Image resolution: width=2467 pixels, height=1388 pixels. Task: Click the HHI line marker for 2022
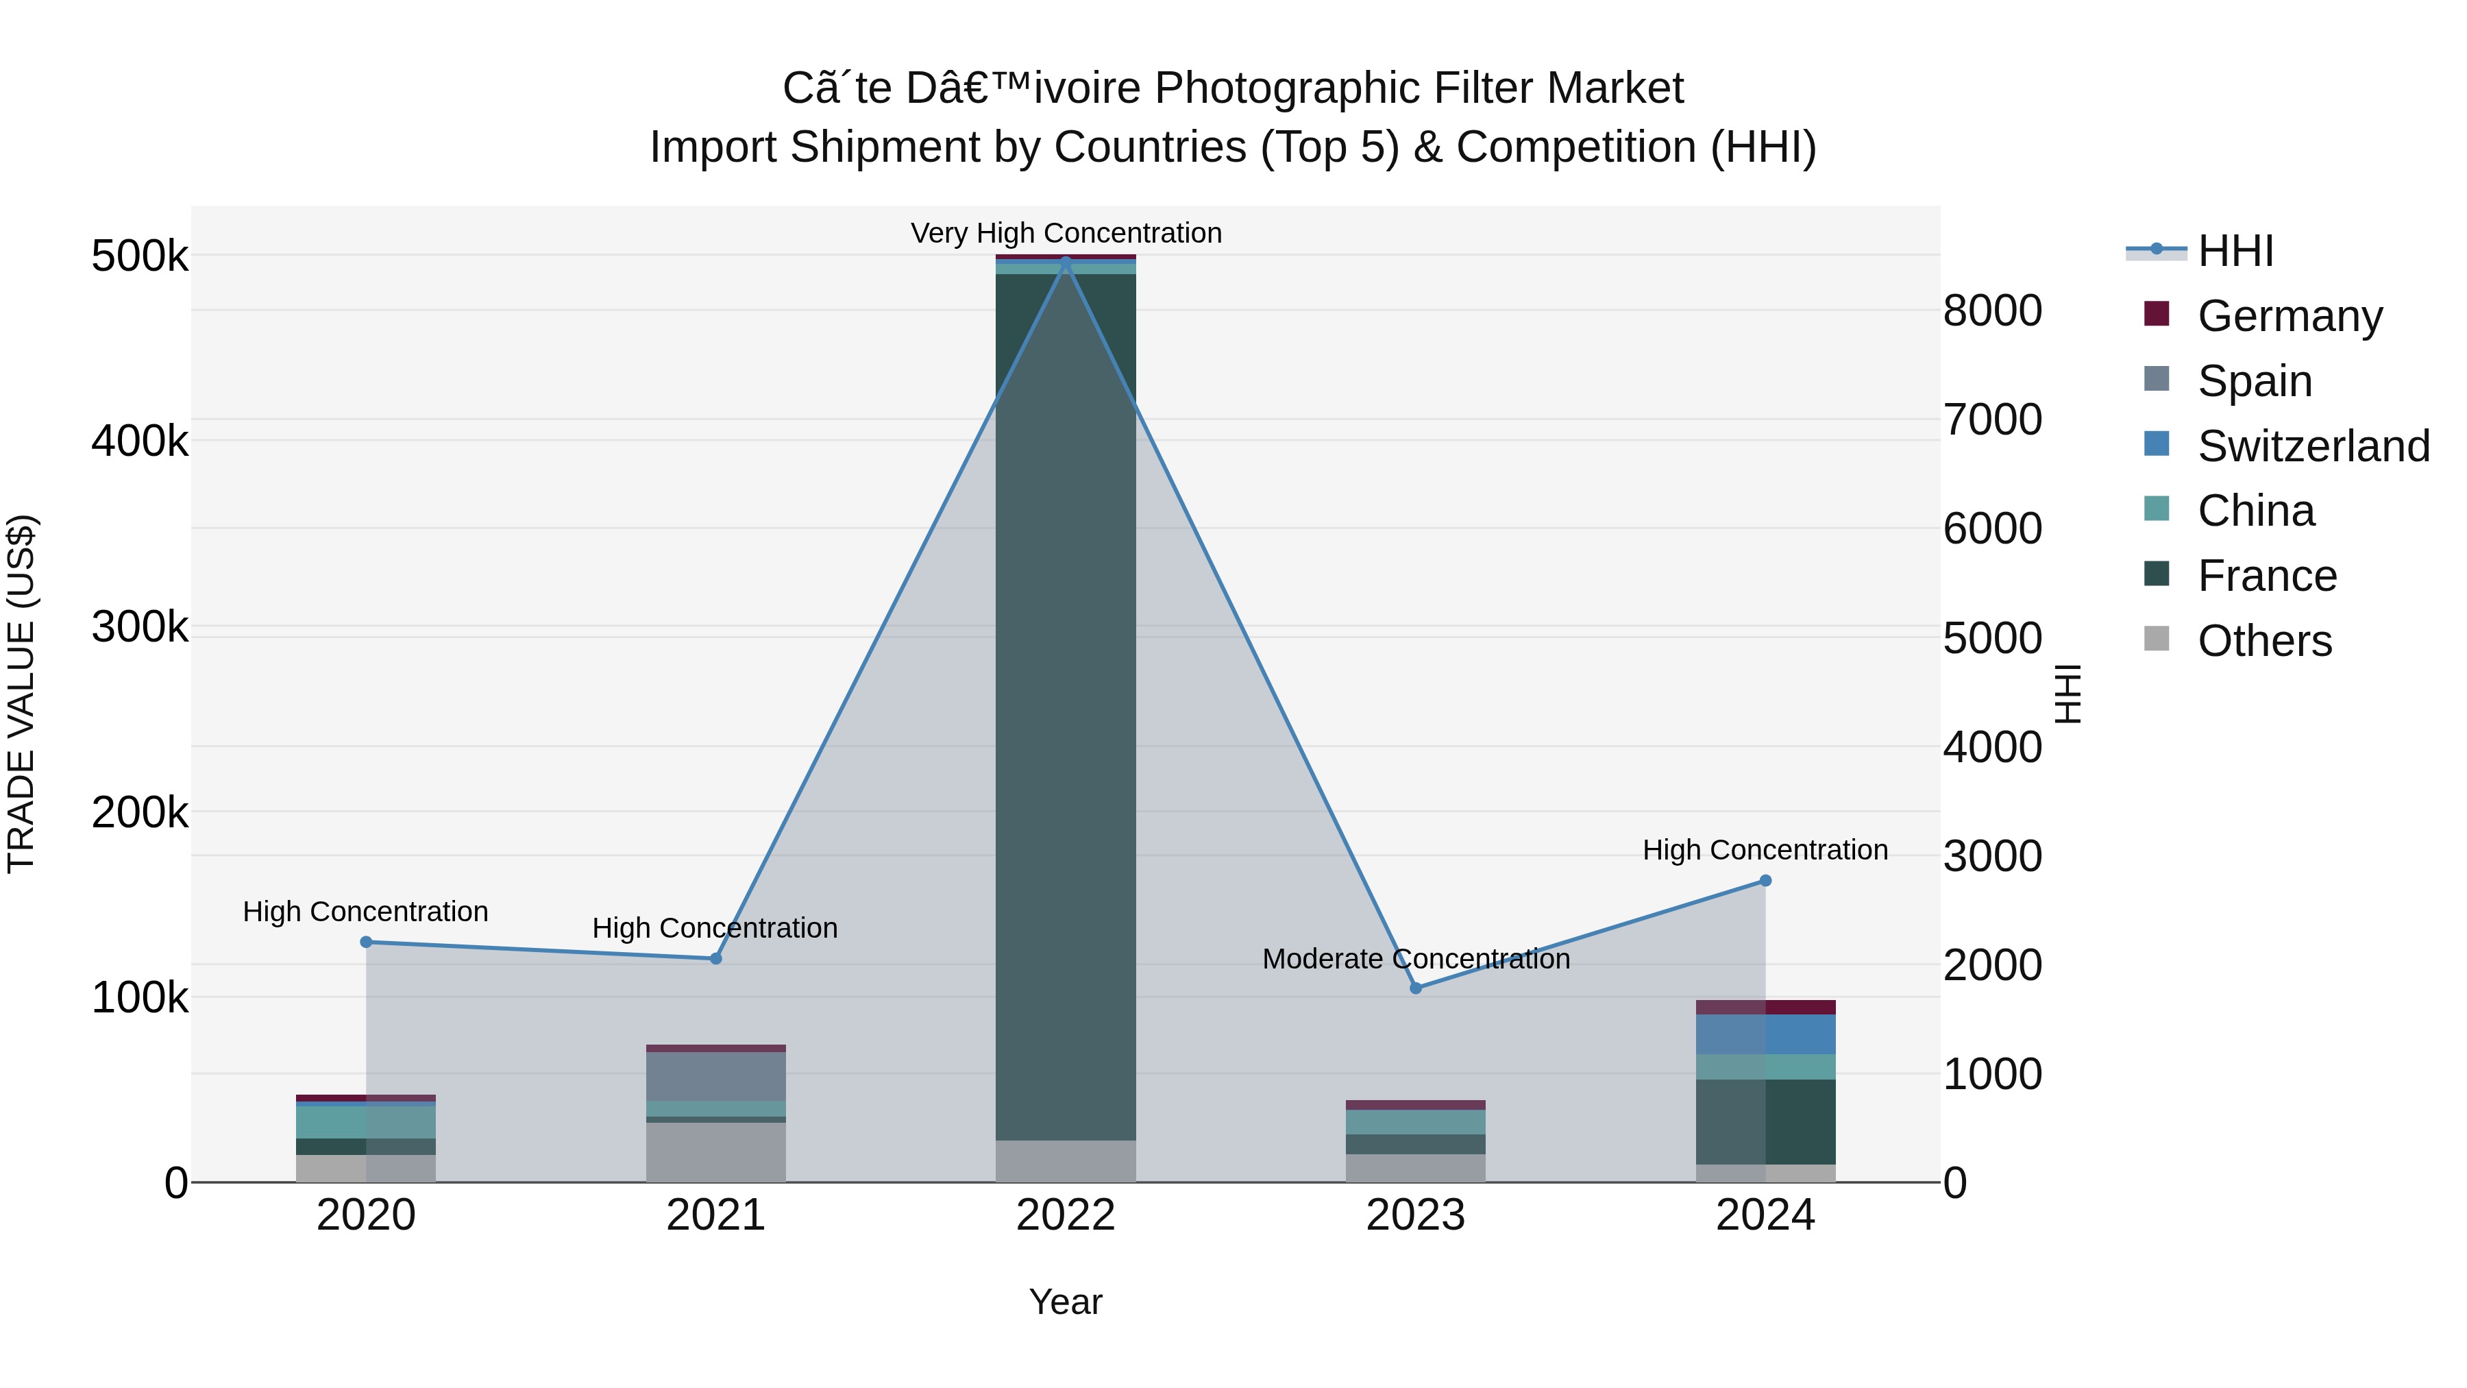click(1066, 263)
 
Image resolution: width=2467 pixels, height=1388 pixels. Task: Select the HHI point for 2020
click(366, 942)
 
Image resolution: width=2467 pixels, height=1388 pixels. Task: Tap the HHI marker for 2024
click(1765, 880)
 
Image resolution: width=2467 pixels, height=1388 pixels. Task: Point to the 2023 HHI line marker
click(1416, 988)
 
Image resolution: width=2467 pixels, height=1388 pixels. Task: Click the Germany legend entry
click(2289, 315)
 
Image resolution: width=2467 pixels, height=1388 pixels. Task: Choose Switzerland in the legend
click(2313, 446)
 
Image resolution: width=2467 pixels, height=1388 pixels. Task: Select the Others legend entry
click(2264, 641)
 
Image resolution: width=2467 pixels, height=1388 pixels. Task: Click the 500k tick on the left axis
click(140, 257)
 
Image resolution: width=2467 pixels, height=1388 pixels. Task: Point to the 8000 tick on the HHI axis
click(1992, 311)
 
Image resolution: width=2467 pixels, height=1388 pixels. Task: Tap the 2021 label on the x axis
click(715, 1215)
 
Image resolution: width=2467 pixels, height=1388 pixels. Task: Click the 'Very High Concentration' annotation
click(1066, 233)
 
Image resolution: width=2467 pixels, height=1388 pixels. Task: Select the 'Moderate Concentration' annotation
click(1416, 959)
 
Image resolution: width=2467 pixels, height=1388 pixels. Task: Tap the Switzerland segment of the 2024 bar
click(1765, 1034)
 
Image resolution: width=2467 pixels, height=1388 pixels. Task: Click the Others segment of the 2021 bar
click(715, 1152)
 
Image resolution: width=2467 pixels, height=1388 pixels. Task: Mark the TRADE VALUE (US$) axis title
click(21, 694)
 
